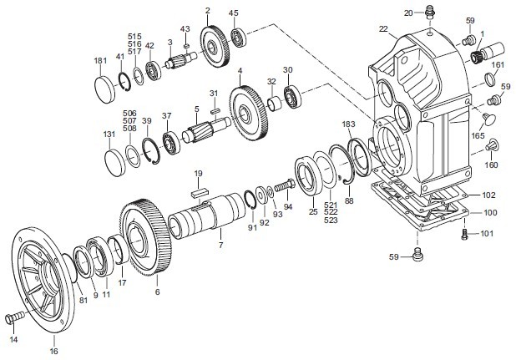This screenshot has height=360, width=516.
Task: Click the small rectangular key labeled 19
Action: click(198, 191)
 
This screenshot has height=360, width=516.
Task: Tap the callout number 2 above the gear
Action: click(206, 11)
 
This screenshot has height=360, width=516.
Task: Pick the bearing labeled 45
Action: click(240, 36)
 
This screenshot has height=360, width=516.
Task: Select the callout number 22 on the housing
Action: click(383, 29)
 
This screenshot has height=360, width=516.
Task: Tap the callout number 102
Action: click(488, 195)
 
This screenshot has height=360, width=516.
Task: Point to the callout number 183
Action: click(348, 124)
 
